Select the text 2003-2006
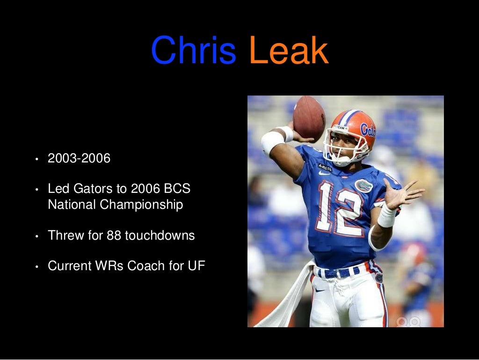pyautogui.click(x=79, y=159)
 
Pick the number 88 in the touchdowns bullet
pyautogui.click(x=114, y=235)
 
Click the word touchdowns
pyautogui.click(x=160, y=235)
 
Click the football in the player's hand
pyautogui.click(x=309, y=118)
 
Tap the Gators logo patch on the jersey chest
pyautogui.click(x=363, y=186)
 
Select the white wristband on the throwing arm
pyautogui.click(x=272, y=141)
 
